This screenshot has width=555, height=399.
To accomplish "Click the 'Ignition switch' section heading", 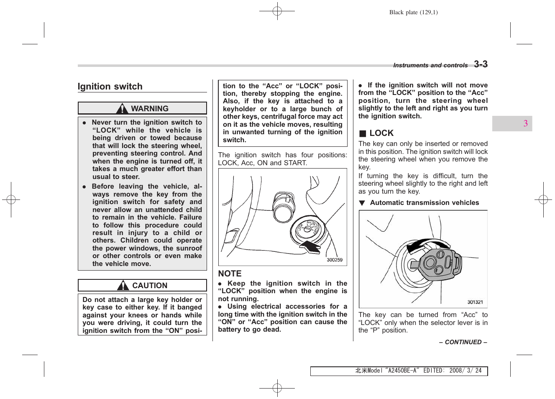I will (x=110, y=87).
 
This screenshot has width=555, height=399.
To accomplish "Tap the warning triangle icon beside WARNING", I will (x=122, y=108).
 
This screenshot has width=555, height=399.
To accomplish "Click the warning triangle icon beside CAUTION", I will (x=123, y=286).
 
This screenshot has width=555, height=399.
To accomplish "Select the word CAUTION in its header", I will (x=150, y=286).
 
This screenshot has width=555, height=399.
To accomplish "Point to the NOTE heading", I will (x=230, y=274).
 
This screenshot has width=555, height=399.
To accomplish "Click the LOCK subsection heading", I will (x=381, y=133).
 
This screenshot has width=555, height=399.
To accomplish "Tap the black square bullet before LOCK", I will (x=363, y=133).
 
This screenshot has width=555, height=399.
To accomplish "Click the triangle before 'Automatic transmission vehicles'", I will (x=362, y=203).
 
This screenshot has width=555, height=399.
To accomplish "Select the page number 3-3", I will (x=481, y=64).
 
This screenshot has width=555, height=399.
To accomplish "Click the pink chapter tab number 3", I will (x=525, y=123).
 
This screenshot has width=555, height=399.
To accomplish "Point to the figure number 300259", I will (x=334, y=260).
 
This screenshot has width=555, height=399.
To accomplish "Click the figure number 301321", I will (x=475, y=302).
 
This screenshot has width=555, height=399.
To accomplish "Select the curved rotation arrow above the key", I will (x=427, y=244).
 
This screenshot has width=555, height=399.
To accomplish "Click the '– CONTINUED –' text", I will (x=463, y=342).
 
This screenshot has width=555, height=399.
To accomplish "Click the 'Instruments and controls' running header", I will (x=430, y=65).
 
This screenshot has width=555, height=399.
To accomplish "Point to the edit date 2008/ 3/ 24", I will (x=465, y=371).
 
